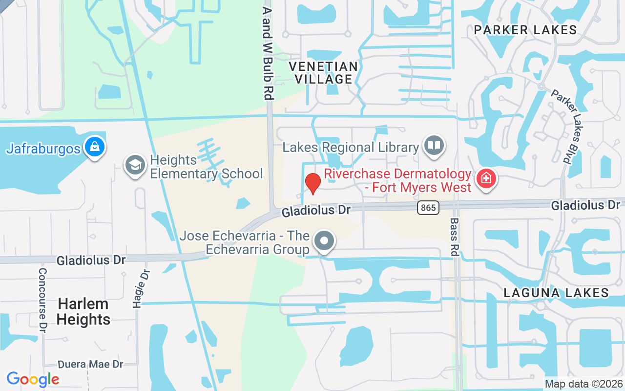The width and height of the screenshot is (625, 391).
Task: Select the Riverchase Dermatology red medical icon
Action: click(x=486, y=179)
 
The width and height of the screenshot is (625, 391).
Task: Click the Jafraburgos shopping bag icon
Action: click(x=94, y=147)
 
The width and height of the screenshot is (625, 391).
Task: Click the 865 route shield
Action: click(x=428, y=208)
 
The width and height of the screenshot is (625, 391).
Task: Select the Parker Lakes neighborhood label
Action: click(x=525, y=30)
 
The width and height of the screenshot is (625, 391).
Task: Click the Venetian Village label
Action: click(x=323, y=72)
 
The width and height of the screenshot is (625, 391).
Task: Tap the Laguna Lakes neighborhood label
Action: click(x=556, y=293)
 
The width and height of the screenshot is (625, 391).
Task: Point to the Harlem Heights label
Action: click(x=83, y=311)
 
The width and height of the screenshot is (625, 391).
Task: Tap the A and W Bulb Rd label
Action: click(x=267, y=53)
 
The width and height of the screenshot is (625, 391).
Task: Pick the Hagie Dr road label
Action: click(x=141, y=288)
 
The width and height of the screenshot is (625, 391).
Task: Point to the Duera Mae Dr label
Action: click(x=90, y=364)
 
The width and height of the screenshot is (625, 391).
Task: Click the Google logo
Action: click(x=33, y=379)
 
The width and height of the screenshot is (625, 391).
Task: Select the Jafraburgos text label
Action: click(x=43, y=149)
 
